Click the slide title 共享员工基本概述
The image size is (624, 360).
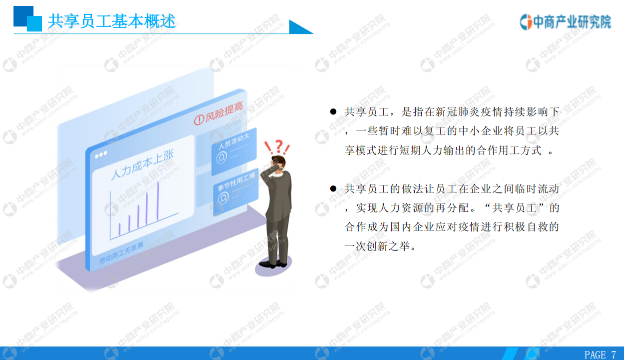click(111, 21)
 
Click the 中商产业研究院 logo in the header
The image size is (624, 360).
click(565, 21)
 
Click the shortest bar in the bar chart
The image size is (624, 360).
click(119, 229)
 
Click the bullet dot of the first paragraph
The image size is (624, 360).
click(333, 112)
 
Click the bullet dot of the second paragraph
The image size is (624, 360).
click(333, 188)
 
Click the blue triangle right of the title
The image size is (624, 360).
click(300, 27)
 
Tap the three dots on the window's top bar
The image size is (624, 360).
click(101, 154)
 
